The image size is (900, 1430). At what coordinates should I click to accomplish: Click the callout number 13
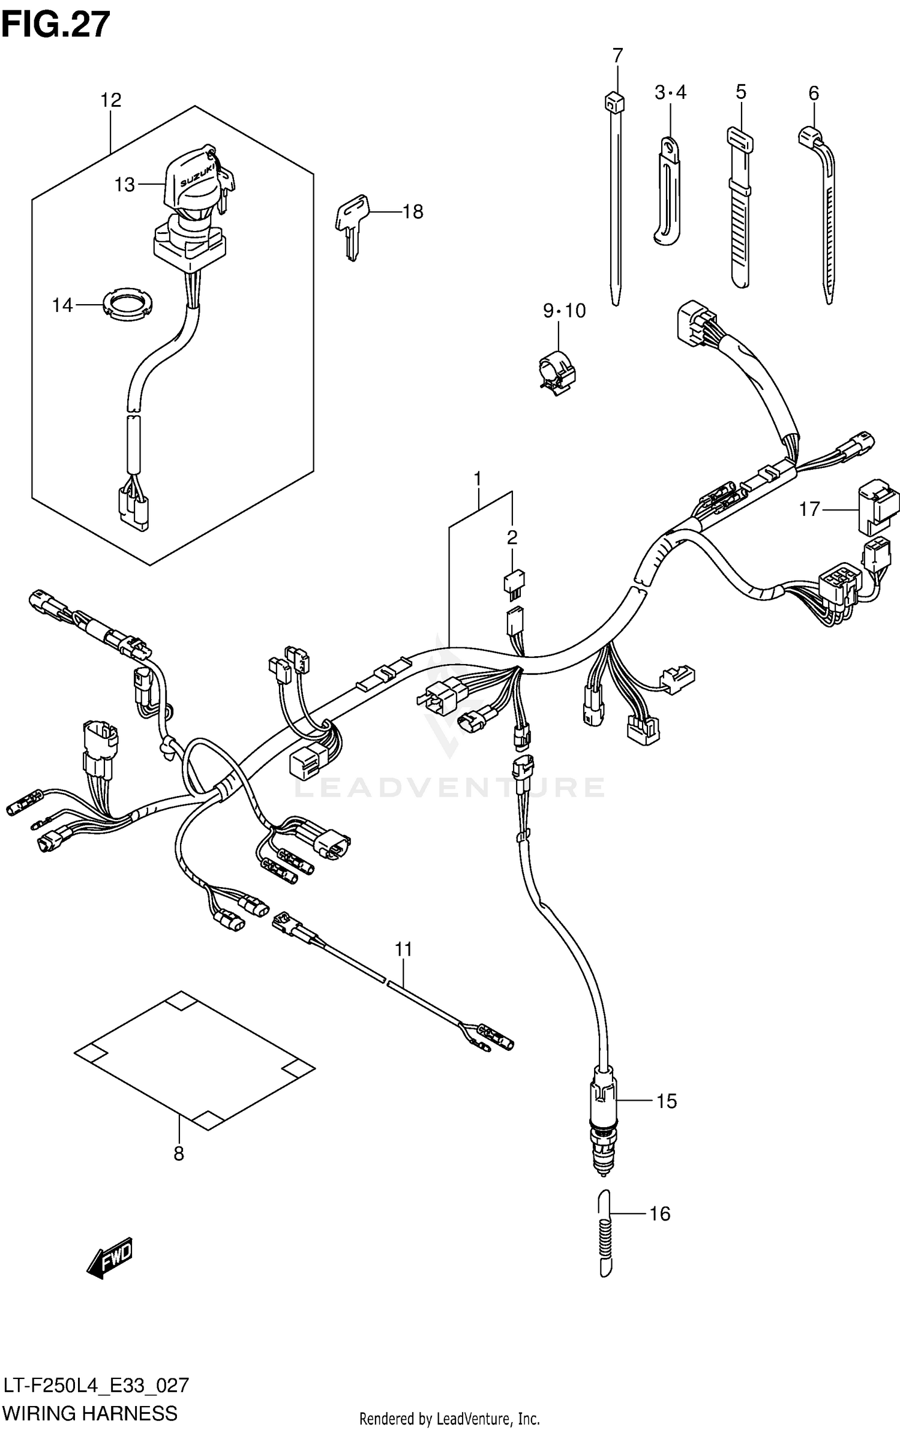pyautogui.click(x=125, y=185)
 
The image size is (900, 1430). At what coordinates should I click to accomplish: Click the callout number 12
pyautogui.click(x=111, y=100)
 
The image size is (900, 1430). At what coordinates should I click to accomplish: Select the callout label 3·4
pyautogui.click(x=670, y=93)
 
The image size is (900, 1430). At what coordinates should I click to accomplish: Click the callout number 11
pyautogui.click(x=404, y=950)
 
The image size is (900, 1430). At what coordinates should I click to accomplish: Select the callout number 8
pyautogui.click(x=179, y=1153)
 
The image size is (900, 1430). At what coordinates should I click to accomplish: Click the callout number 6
pyautogui.click(x=813, y=93)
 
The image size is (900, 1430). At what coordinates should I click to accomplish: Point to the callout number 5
pyautogui.click(x=740, y=92)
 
